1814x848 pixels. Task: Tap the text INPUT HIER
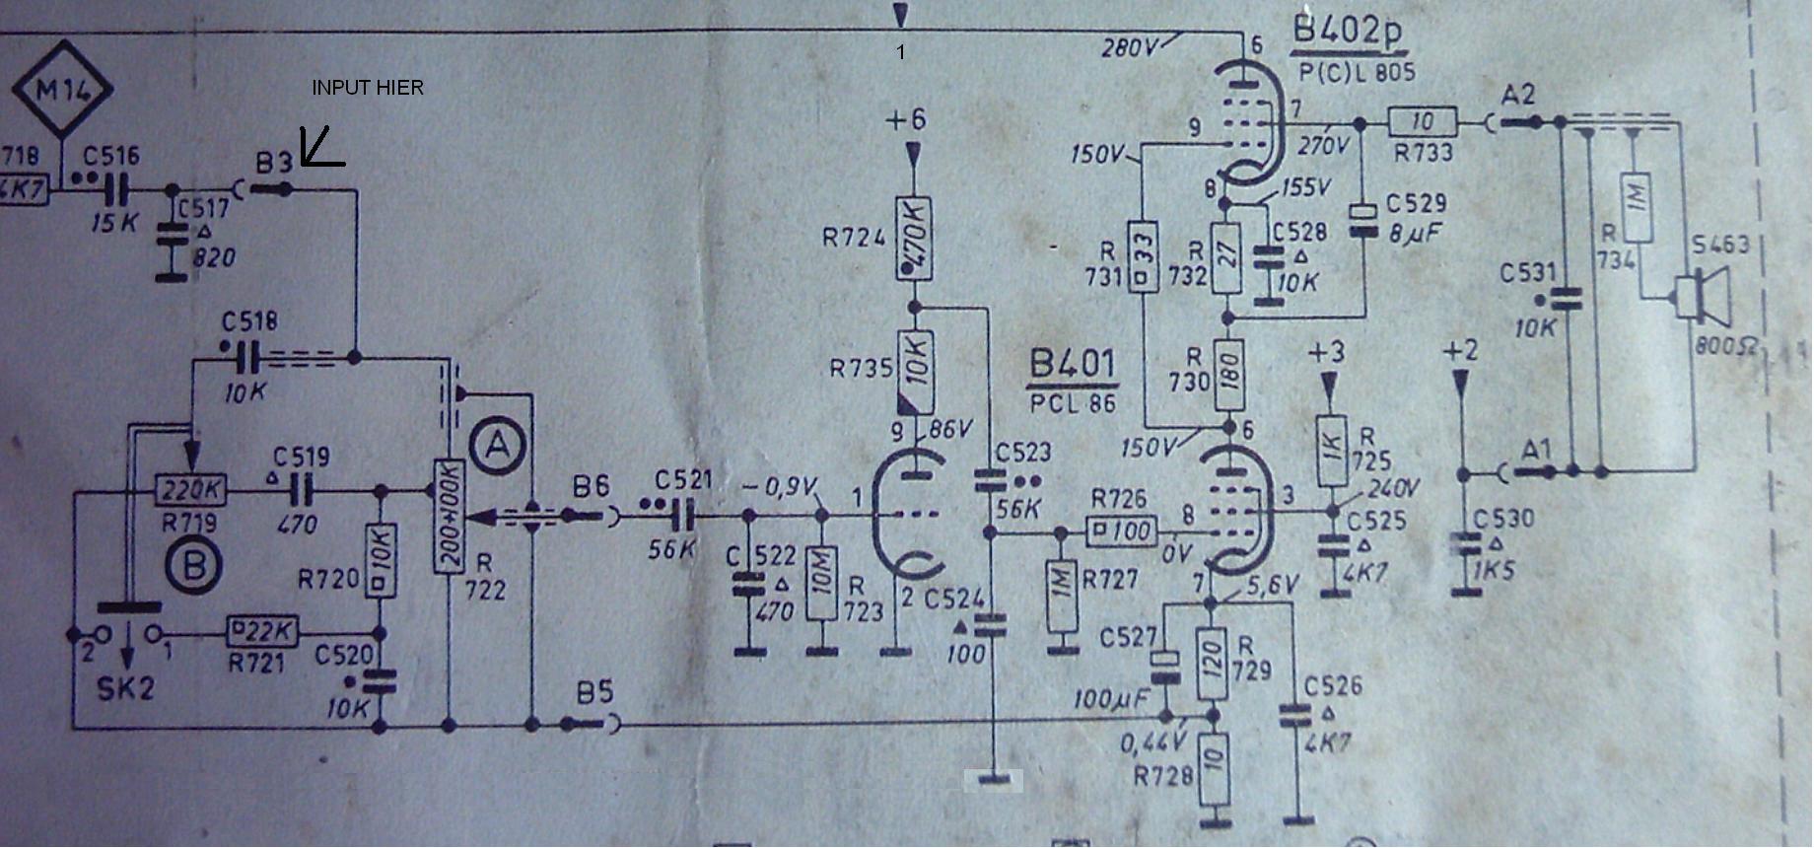368,88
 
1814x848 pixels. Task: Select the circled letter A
498,447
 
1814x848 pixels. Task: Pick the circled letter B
194,565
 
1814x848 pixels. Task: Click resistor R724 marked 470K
914,239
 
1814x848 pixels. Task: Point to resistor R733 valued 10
1423,122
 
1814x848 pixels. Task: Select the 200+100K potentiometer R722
450,516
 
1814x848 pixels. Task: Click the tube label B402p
1347,32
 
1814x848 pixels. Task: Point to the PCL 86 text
1073,402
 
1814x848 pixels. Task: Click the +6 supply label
906,120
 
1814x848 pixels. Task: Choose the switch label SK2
125,687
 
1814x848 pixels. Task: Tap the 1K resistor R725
1331,450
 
